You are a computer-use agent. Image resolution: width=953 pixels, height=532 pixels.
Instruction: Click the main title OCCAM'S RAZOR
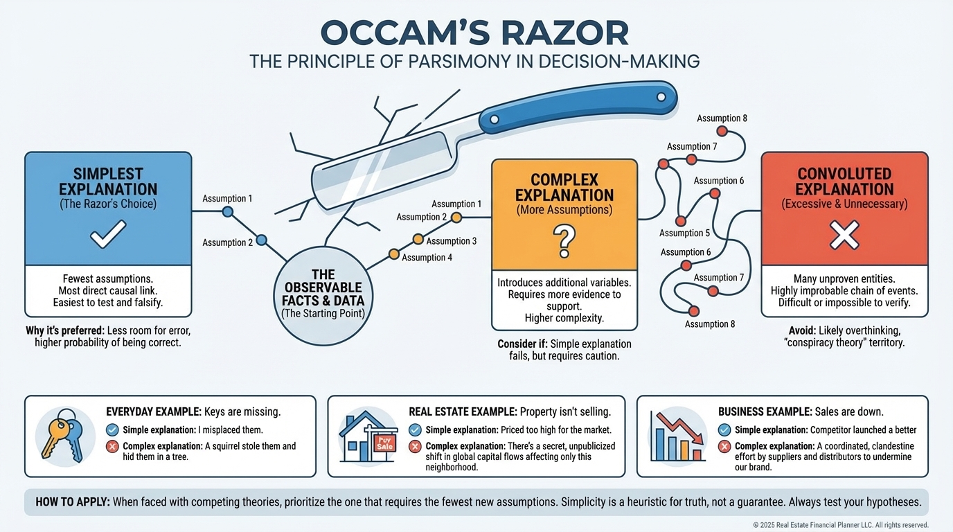pos(476,33)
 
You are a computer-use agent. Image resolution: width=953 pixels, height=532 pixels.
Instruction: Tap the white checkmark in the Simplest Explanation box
pos(108,234)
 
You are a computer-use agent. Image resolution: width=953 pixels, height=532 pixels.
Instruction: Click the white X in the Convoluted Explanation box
pos(844,235)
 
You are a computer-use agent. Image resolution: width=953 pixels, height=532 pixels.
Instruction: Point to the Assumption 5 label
pos(684,233)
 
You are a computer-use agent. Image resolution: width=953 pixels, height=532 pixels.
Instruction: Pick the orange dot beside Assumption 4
pos(394,254)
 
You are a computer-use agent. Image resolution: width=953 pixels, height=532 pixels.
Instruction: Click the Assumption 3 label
pos(451,241)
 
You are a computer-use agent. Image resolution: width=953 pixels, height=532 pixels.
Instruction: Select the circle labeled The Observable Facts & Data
pos(323,294)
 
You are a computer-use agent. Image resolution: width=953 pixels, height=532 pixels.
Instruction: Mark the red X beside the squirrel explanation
pos(112,447)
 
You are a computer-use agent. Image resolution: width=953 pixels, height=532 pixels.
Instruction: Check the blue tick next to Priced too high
pos(415,430)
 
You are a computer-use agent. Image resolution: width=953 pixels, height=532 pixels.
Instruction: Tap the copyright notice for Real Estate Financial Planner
pos(840,525)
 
